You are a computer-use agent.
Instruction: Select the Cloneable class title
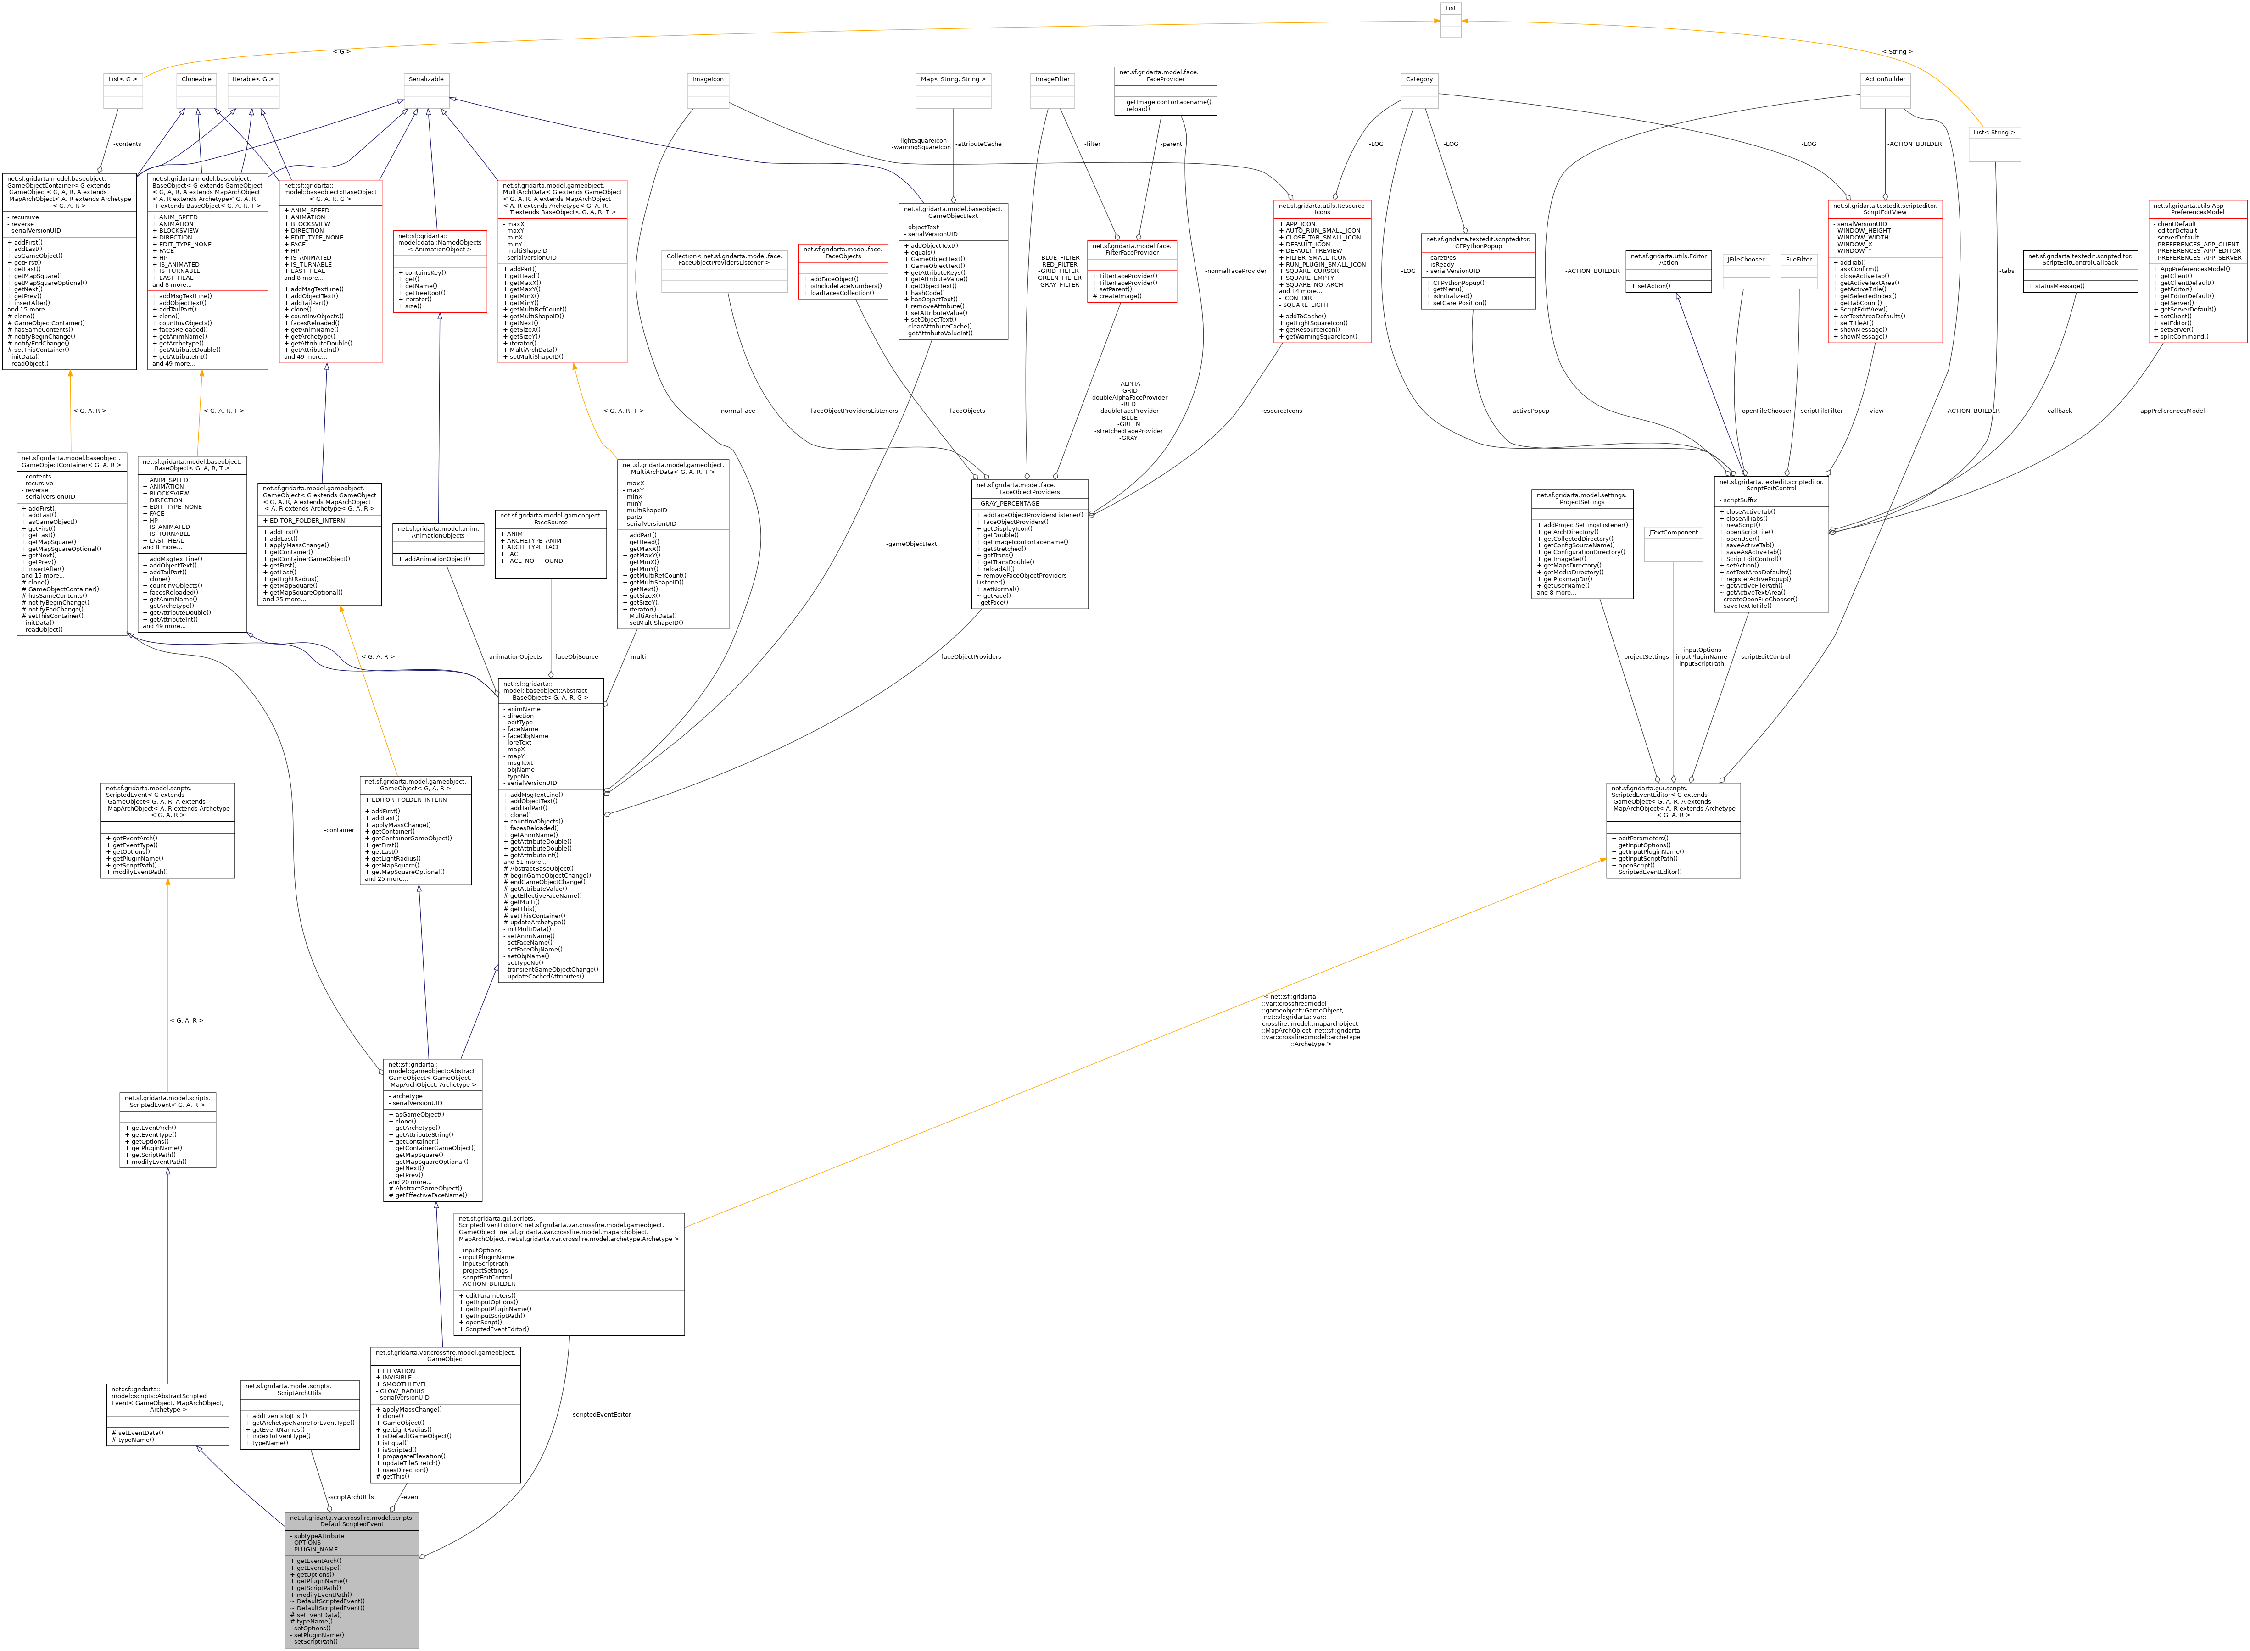pos(197,79)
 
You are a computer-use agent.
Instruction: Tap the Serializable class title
pos(426,79)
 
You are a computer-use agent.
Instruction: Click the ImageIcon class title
pos(708,79)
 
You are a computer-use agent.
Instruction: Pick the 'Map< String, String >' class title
pos(953,79)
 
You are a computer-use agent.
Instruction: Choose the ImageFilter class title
pos(1053,79)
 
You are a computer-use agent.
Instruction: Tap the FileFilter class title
pos(1798,260)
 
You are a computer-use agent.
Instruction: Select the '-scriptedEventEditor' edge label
pos(601,1414)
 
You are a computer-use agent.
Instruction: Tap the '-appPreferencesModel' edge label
pos(2171,411)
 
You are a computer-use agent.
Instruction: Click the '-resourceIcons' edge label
pos(1280,411)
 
